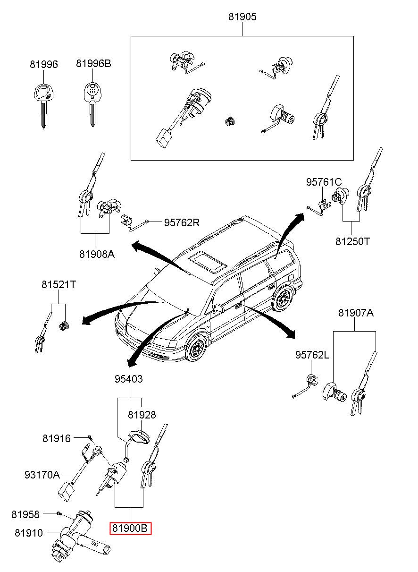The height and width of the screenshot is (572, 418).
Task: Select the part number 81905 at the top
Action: click(x=242, y=17)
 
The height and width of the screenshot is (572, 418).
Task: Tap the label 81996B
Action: click(x=93, y=64)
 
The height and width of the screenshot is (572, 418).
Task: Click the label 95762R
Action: click(x=182, y=222)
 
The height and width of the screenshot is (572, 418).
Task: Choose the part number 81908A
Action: click(x=97, y=254)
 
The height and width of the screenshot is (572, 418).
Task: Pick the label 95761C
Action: click(x=324, y=182)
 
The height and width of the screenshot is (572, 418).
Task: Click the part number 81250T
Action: click(x=352, y=241)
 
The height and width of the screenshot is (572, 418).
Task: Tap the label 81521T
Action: click(x=59, y=285)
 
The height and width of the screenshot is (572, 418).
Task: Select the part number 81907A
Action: click(x=356, y=313)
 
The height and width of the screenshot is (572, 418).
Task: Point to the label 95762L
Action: click(x=312, y=355)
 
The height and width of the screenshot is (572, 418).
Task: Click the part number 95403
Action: click(x=128, y=379)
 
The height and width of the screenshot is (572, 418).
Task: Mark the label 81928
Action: click(x=142, y=415)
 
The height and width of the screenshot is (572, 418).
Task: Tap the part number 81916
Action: click(x=56, y=438)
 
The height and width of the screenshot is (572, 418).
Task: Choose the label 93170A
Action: click(x=42, y=474)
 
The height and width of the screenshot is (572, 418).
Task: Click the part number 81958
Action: click(x=26, y=514)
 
